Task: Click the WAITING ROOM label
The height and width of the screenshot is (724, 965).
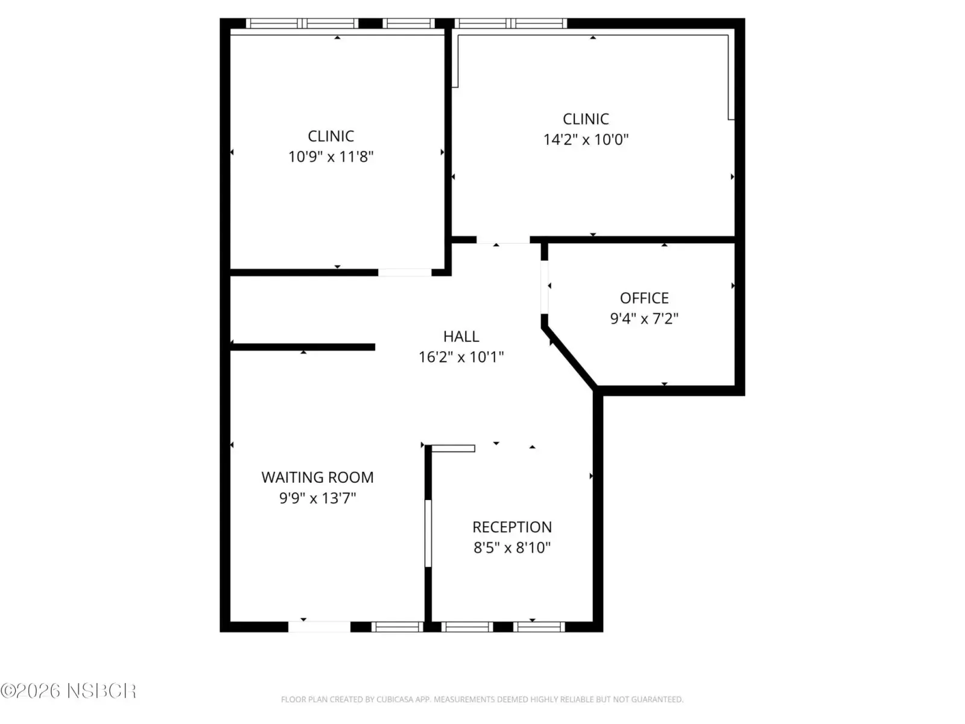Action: tap(317, 477)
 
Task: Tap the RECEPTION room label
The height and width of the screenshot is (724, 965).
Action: tap(512, 527)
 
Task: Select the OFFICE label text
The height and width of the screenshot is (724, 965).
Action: tap(644, 298)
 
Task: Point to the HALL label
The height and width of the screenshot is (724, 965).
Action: tap(461, 336)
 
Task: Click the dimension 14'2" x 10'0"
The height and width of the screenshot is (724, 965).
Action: tap(586, 140)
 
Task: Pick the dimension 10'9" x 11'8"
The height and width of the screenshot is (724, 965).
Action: tap(331, 156)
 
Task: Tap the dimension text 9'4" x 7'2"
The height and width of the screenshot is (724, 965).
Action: tap(644, 319)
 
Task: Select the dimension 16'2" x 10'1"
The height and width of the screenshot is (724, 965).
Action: tap(461, 357)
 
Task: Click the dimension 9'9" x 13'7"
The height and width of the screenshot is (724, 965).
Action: tap(317, 498)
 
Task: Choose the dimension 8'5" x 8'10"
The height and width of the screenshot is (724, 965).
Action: tap(512, 548)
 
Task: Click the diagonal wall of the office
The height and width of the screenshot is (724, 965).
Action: tap(569, 358)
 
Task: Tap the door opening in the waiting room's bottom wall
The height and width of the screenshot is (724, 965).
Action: tap(319, 626)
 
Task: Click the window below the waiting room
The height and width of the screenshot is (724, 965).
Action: tap(397, 626)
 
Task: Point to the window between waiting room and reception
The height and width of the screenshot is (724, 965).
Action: tap(428, 533)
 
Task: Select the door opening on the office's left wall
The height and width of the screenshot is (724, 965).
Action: tap(544, 287)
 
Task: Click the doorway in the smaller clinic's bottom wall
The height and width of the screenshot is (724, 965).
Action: tap(405, 273)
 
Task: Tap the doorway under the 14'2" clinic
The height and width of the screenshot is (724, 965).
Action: tap(504, 240)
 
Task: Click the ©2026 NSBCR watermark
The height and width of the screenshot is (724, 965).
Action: tap(68, 691)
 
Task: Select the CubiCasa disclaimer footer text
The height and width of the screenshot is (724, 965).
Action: tap(482, 699)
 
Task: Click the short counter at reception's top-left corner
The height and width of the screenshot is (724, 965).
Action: tap(453, 448)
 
